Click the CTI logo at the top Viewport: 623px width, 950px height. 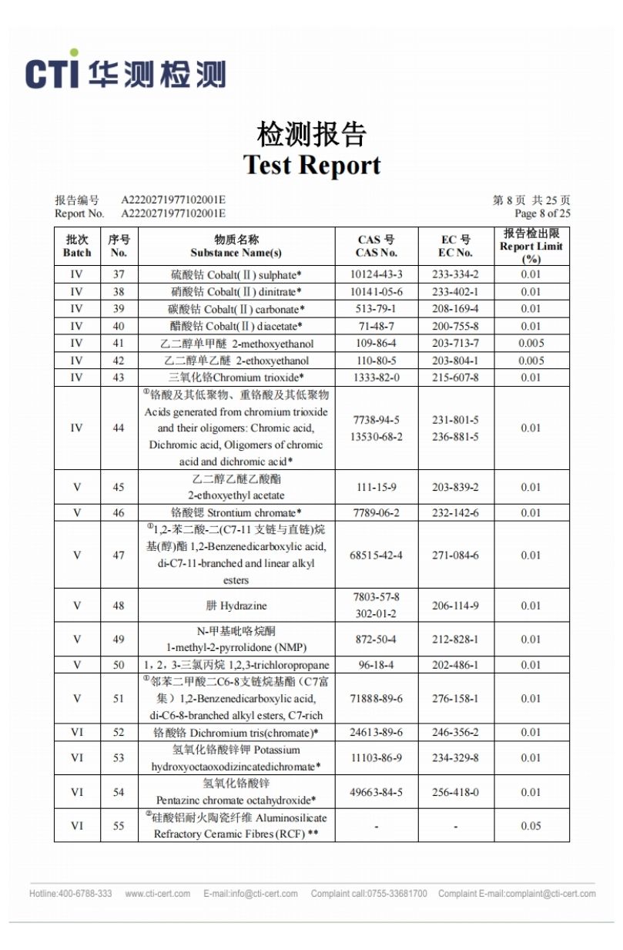126,72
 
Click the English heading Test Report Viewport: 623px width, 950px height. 312,166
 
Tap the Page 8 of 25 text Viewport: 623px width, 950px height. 542,213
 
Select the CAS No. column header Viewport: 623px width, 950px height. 376,247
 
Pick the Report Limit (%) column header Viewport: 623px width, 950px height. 531,247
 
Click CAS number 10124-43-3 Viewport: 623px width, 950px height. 376,275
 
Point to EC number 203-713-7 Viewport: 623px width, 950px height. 455,343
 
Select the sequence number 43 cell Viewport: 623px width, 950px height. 119,378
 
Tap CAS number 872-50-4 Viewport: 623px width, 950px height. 376,639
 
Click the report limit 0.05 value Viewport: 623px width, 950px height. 531,826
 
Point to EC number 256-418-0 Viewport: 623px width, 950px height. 455,792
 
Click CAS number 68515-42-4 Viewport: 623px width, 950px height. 376,556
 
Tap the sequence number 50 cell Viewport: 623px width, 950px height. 119,665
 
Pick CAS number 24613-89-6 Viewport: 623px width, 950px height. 376,733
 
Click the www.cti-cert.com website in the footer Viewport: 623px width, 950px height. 157,894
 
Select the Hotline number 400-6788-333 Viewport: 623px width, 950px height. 70,894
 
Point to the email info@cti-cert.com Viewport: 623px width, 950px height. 250,894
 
